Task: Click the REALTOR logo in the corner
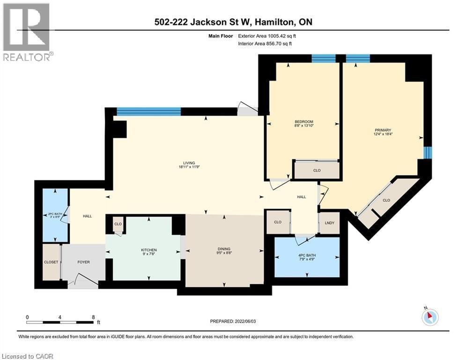click(27, 32)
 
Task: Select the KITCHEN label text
click(149, 250)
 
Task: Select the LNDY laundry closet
click(329, 222)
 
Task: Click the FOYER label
click(83, 262)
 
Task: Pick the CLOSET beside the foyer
click(51, 262)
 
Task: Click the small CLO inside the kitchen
click(118, 224)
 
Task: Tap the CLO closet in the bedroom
click(317, 170)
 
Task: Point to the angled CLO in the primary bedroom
click(386, 200)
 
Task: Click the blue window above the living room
click(148, 111)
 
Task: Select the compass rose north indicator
click(429, 317)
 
